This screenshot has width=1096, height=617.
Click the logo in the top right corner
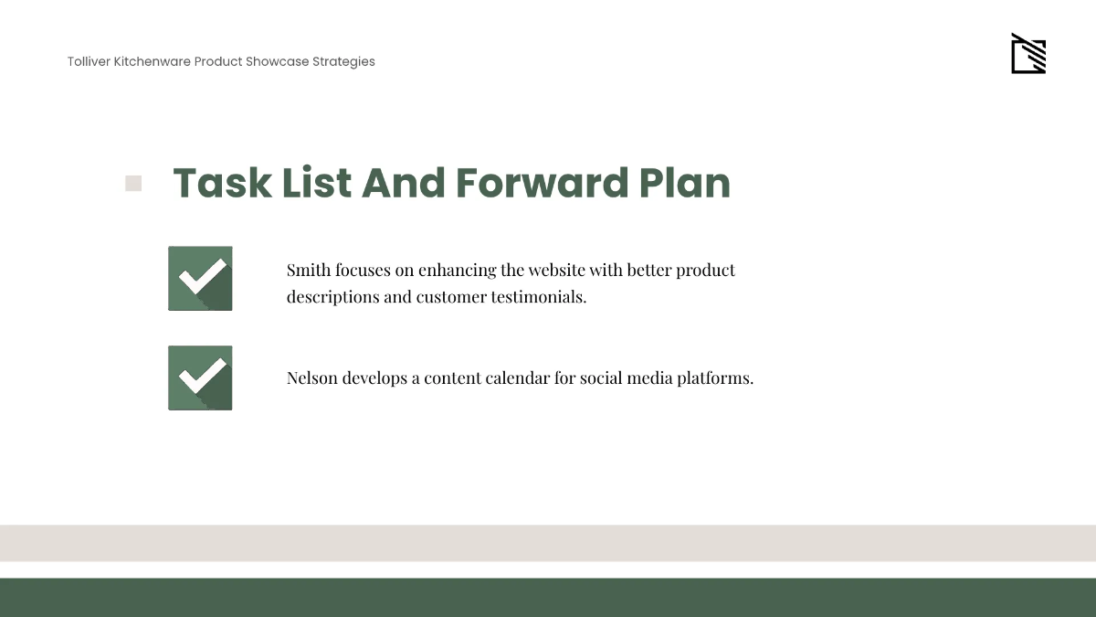pyautogui.click(x=1028, y=55)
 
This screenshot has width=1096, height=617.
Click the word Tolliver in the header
pyautogui.click(x=89, y=61)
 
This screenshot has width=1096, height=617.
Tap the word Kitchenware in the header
pyautogui.click(x=153, y=61)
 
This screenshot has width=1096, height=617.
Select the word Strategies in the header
pyautogui.click(x=343, y=61)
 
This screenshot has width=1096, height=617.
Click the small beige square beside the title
pyautogui.click(x=133, y=184)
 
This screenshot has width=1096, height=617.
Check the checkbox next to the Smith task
pyautogui.click(x=200, y=278)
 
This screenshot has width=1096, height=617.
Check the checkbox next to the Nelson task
pyautogui.click(x=200, y=378)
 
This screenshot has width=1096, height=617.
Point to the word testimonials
pyautogui.click(x=536, y=297)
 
